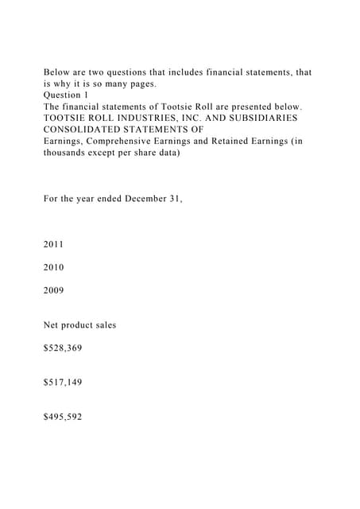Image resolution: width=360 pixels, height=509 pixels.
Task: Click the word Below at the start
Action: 58,72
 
